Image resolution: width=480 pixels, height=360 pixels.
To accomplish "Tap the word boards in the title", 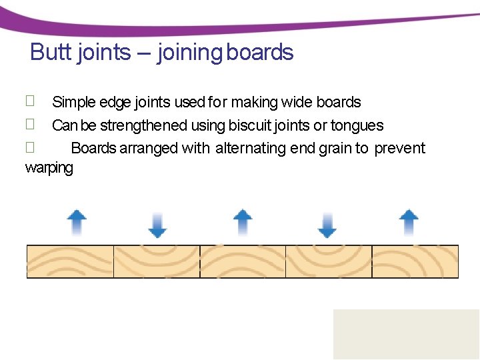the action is (x=260, y=52).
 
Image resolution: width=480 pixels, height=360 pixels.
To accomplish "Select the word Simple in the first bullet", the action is (x=74, y=103).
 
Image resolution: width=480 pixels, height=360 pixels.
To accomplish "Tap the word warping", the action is (x=49, y=167).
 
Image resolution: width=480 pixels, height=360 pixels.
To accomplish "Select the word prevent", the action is (x=399, y=148).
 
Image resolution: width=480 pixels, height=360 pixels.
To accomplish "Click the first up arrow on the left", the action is (x=77, y=223).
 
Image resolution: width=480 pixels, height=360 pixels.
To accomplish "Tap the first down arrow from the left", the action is (x=157, y=225).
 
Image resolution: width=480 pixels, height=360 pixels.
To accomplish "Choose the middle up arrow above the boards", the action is (x=243, y=223).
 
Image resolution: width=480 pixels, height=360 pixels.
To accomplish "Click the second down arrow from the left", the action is (x=327, y=225).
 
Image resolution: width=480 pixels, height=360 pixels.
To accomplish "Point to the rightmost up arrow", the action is (x=408, y=223).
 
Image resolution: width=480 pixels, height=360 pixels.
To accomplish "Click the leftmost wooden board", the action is (x=70, y=261).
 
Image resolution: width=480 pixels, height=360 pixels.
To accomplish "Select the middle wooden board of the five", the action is (x=243, y=261).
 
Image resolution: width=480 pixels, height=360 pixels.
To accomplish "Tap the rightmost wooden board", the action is (x=415, y=261).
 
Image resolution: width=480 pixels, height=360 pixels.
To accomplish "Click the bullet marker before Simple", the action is (x=29, y=101).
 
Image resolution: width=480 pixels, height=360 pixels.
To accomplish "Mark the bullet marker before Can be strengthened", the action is (x=29, y=124).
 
